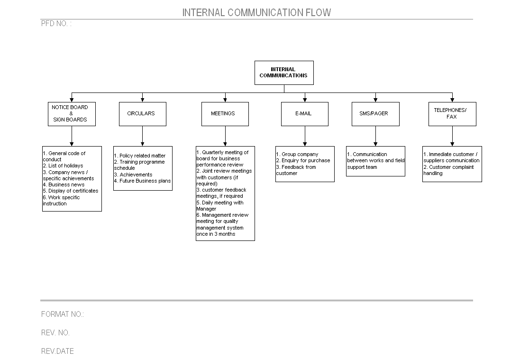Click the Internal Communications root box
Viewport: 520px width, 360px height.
(x=284, y=73)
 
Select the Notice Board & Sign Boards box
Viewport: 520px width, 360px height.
(x=72, y=114)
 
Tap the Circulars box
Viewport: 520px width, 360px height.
(x=143, y=114)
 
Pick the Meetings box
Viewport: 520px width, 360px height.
(x=225, y=114)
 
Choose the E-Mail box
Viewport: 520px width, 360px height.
(x=305, y=114)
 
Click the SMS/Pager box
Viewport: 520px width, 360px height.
(x=375, y=114)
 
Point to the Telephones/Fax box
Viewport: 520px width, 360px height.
(x=452, y=114)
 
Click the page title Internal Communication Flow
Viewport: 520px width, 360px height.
(x=257, y=13)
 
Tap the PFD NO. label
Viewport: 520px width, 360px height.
(x=56, y=24)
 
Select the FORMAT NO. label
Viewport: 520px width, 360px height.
(x=63, y=314)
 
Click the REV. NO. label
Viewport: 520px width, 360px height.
(x=55, y=333)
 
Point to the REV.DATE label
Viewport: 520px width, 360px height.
(x=57, y=351)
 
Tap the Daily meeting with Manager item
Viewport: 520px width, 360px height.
(x=220, y=206)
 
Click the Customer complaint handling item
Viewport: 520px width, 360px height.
(x=448, y=170)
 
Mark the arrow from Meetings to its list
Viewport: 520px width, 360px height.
(x=225, y=136)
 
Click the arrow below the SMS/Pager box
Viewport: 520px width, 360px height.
(x=375, y=136)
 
